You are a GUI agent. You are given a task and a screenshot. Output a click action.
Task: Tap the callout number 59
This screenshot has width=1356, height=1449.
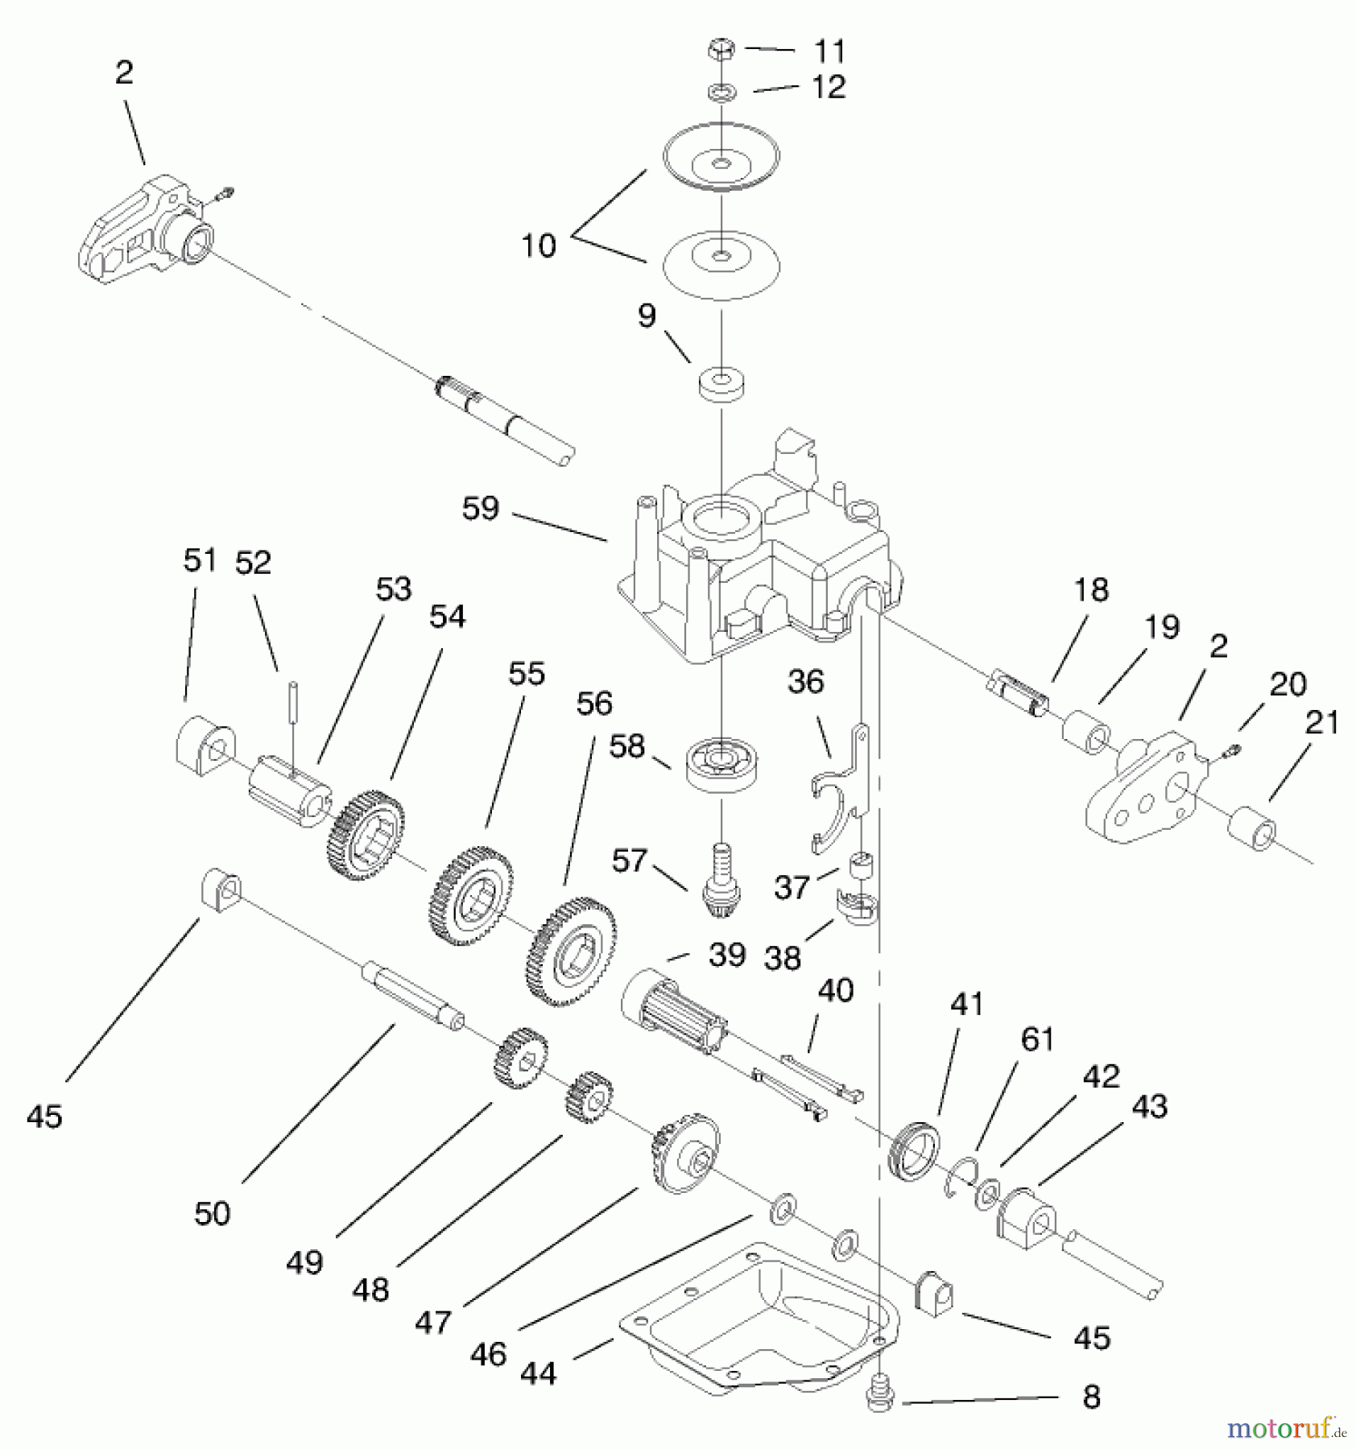click(481, 509)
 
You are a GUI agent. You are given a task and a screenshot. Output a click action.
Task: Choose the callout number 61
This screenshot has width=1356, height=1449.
click(1037, 1039)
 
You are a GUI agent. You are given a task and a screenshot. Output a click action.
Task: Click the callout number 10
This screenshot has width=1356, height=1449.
click(538, 245)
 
